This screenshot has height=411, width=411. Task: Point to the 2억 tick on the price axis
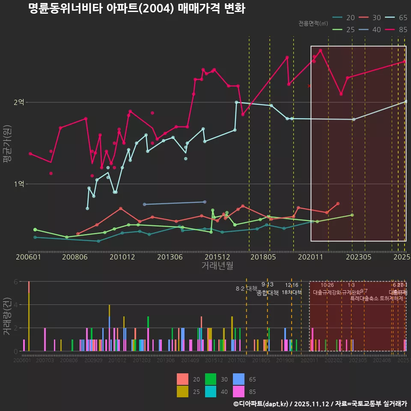pos(19,102)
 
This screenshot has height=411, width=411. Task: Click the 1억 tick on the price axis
pos(19,184)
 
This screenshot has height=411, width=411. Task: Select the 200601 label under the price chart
pos(28,257)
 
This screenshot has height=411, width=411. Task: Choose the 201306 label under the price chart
pos(170,257)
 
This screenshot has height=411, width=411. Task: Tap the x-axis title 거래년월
pos(217,265)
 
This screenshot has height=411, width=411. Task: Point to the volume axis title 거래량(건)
pos(7,316)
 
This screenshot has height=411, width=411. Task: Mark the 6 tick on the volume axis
pos(15,282)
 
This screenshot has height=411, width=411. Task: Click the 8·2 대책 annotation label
pos(247,289)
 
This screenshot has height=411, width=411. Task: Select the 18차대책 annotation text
pos(292,292)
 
